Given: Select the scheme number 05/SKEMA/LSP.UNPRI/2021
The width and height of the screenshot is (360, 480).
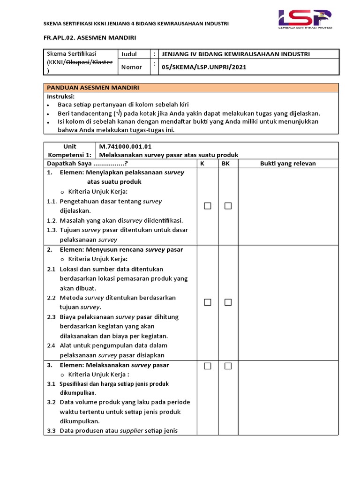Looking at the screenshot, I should point(203,67).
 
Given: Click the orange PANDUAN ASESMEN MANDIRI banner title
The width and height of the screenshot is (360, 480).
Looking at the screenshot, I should point(92,88).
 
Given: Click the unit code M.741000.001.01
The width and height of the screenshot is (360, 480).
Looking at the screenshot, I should point(125,146).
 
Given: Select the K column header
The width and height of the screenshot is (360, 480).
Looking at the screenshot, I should point(202,164).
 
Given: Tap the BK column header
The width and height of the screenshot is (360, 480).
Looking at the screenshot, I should point(225,164).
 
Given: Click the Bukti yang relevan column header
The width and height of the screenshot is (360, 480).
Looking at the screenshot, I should point(288,164).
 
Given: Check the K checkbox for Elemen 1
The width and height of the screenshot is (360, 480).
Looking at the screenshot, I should point(208,206).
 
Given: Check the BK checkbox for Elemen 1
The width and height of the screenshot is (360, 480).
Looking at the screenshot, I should point(228,206).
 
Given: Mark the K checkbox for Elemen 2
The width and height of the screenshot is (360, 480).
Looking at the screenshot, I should point(208,302).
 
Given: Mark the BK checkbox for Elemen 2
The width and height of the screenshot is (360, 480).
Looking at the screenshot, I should point(228,302).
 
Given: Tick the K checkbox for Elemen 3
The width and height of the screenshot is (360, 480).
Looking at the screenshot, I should point(208,366).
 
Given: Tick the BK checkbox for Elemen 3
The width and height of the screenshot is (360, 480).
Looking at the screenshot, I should point(228,366).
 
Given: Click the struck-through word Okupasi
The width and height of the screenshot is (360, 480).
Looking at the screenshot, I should point(77,62).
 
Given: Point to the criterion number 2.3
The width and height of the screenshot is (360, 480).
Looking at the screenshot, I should point(52,317).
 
